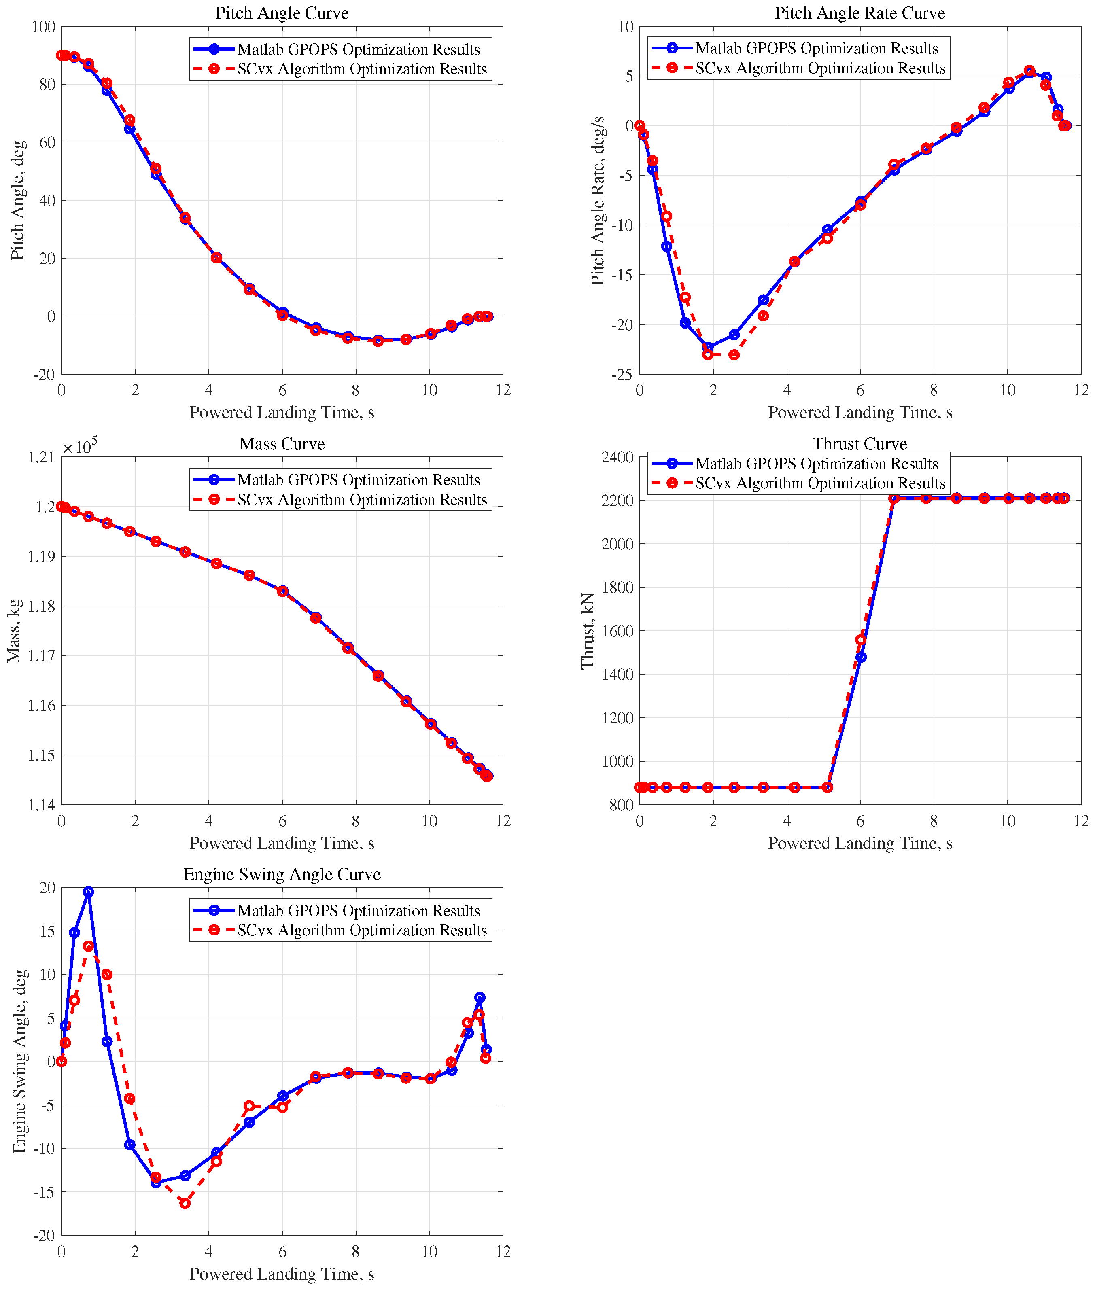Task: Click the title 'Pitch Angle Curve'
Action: (282, 13)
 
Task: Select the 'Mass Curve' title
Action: (282, 444)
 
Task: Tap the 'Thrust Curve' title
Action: (860, 444)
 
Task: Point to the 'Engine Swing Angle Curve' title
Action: (282, 874)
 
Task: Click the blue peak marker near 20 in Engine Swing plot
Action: (89, 892)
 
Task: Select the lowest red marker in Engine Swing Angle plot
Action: (185, 1203)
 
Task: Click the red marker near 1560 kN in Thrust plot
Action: (860, 640)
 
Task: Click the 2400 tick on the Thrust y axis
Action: (617, 458)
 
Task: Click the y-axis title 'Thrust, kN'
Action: (587, 630)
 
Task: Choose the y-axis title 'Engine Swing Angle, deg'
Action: (20, 1061)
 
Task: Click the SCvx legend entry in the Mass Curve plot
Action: (362, 500)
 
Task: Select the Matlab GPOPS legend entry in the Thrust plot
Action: (816, 464)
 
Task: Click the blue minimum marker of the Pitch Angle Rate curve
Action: (708, 347)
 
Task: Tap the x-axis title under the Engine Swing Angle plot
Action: (282, 1274)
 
